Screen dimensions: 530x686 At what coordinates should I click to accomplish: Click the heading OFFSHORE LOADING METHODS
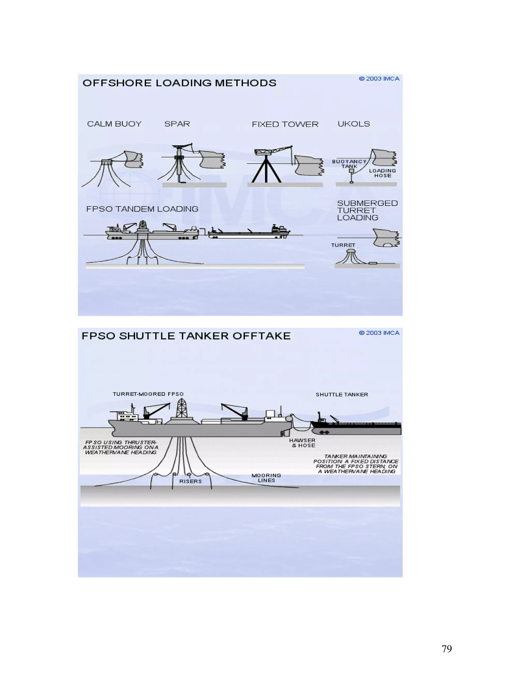pyautogui.click(x=179, y=83)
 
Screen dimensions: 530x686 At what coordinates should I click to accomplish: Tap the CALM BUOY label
pyautogui.click(x=114, y=124)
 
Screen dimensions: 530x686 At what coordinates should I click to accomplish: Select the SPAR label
pyautogui.click(x=177, y=124)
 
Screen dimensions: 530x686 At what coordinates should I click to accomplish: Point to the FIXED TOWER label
pyautogui.click(x=285, y=124)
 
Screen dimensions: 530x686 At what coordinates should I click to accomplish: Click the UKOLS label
pyautogui.click(x=354, y=124)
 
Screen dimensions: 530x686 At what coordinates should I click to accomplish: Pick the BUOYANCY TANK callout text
pyautogui.click(x=349, y=164)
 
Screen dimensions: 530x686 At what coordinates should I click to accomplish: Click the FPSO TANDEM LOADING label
pyautogui.click(x=142, y=209)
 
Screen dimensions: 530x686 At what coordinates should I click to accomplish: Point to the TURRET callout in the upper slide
pyautogui.click(x=343, y=245)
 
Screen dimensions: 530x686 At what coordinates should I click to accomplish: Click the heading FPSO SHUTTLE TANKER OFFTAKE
pyautogui.click(x=186, y=336)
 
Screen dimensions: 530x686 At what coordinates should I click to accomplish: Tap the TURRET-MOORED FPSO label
pyautogui.click(x=148, y=394)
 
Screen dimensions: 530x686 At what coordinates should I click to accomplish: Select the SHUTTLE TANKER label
pyautogui.click(x=342, y=395)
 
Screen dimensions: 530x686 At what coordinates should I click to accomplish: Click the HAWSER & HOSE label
pyautogui.click(x=302, y=443)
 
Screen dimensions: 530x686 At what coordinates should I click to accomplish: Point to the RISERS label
pyautogui.click(x=190, y=481)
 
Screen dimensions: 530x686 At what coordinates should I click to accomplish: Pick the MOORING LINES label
pyautogui.click(x=266, y=478)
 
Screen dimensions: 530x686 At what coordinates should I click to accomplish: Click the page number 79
pyautogui.click(x=446, y=649)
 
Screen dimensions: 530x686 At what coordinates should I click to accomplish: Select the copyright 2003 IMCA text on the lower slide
pyautogui.click(x=379, y=333)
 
